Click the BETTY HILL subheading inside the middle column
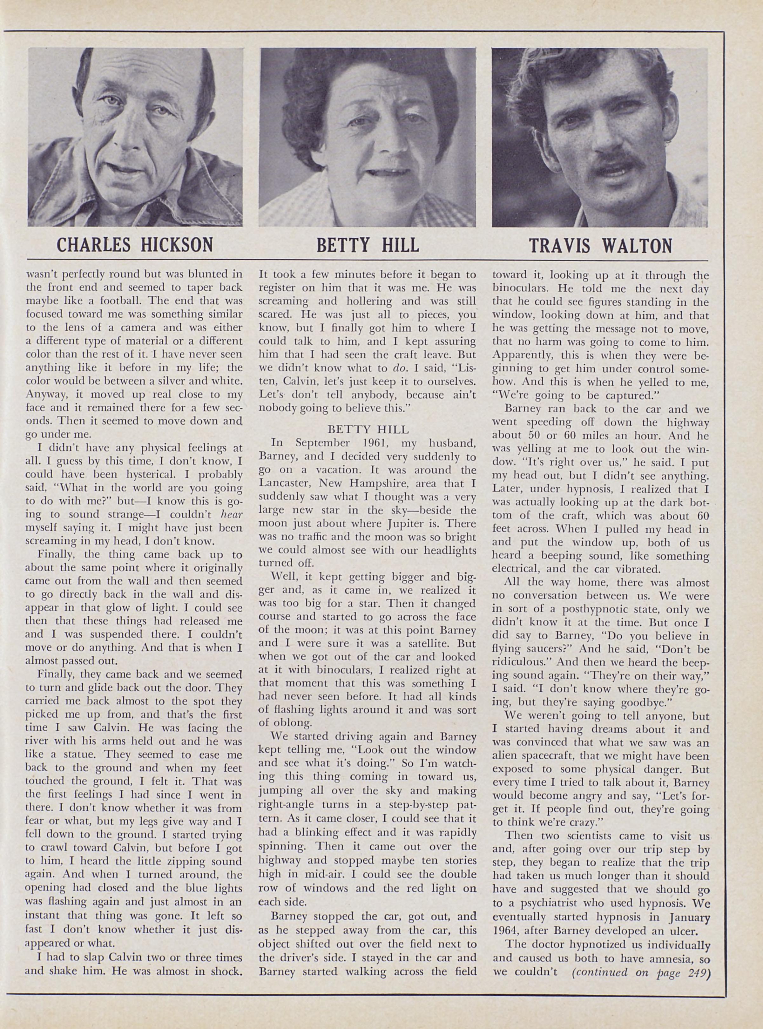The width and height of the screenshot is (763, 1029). click(x=368, y=430)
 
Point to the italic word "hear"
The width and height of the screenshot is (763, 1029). click(x=231, y=515)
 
